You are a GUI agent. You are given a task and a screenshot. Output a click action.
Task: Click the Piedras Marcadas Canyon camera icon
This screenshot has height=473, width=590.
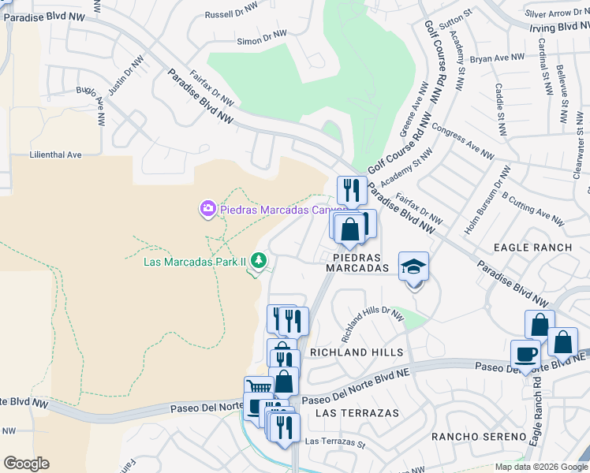pos(208,208)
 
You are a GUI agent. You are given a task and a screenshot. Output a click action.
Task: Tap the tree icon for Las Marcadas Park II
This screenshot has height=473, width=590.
pos(258,260)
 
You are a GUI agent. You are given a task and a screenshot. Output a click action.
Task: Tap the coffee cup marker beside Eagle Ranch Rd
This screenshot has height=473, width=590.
pos(525,354)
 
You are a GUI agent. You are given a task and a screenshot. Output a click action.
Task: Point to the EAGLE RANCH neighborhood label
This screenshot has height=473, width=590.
pos(532,248)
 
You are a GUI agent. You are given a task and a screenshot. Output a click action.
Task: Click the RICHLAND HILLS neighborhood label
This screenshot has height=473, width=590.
pos(357,352)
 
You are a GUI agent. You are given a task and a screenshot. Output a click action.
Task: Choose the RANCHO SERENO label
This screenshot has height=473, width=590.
pos(478,437)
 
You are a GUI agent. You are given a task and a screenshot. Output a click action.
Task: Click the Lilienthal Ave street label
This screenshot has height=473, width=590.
pos(55,155)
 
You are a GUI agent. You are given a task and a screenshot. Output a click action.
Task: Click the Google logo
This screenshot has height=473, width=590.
pos(26,464)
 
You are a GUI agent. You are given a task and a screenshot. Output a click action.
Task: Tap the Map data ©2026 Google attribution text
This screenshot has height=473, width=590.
pos(541,467)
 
